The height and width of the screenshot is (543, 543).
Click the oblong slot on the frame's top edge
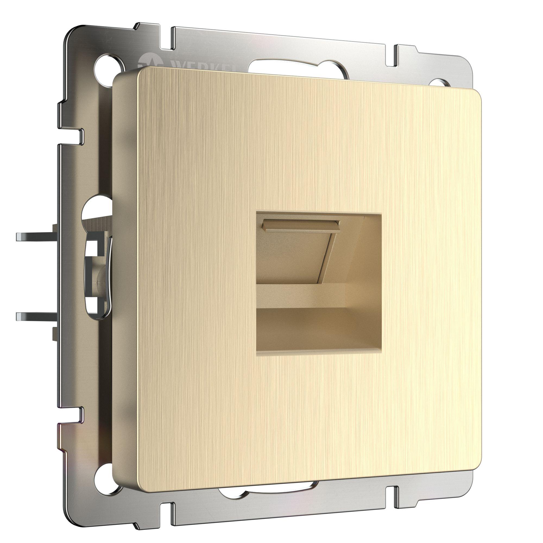tap(298, 69)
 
